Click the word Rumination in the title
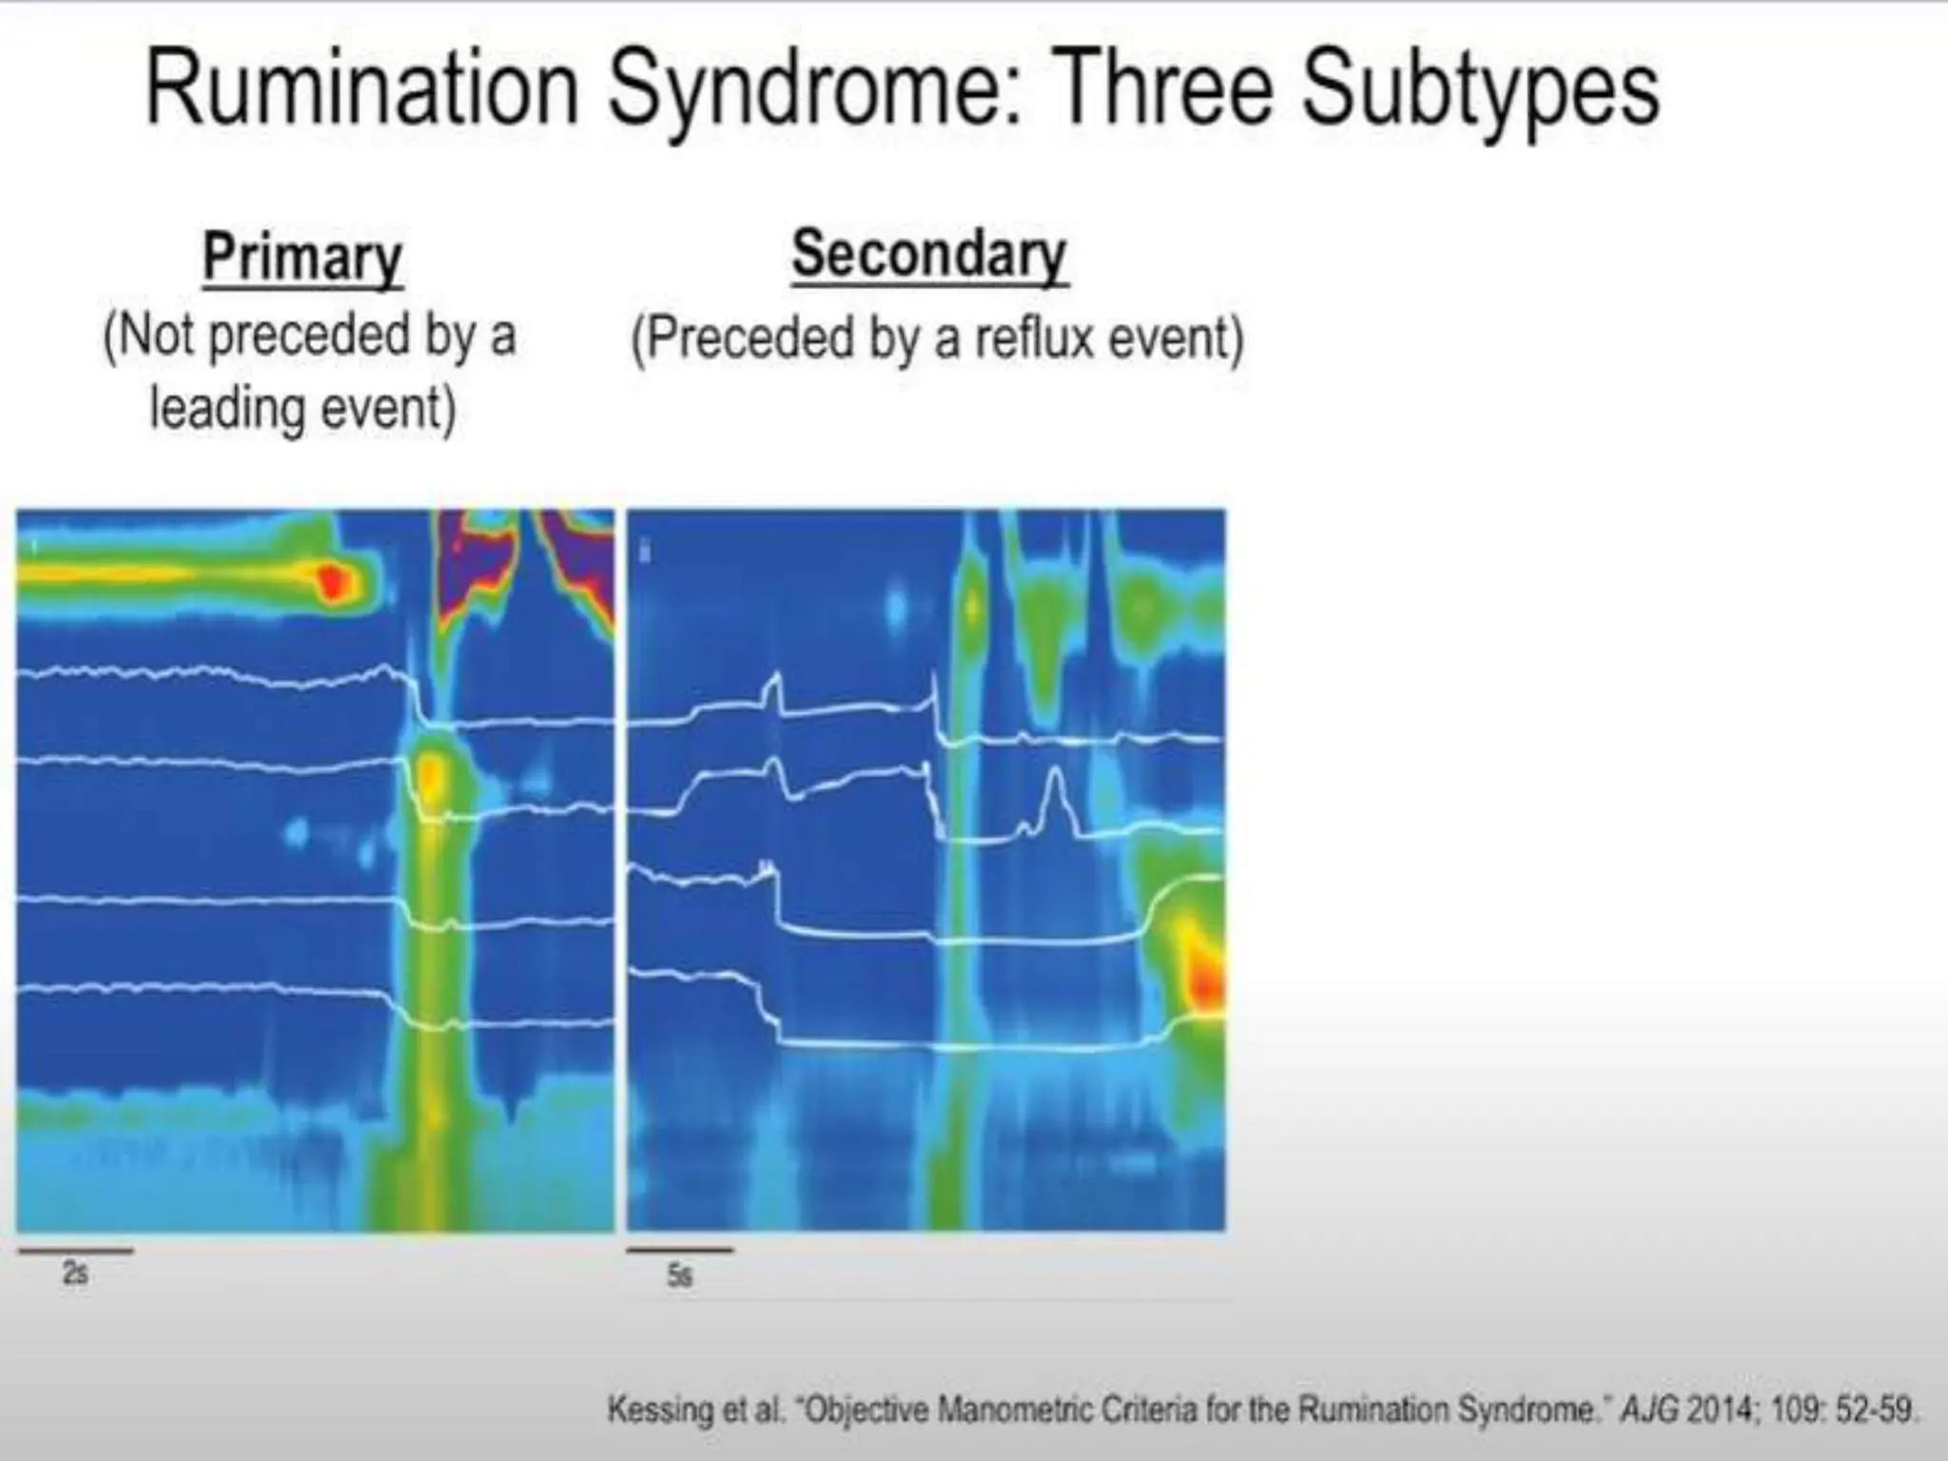[x=361, y=90]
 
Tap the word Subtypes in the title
[x=1480, y=90]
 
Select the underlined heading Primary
[x=302, y=257]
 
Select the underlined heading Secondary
[x=929, y=254]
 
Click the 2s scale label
[x=75, y=1273]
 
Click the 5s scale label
[x=679, y=1275]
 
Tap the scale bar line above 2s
[x=75, y=1251]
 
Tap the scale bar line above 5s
[x=679, y=1250]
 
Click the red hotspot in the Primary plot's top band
[x=331, y=581]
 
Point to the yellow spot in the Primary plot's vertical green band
[x=431, y=775]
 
